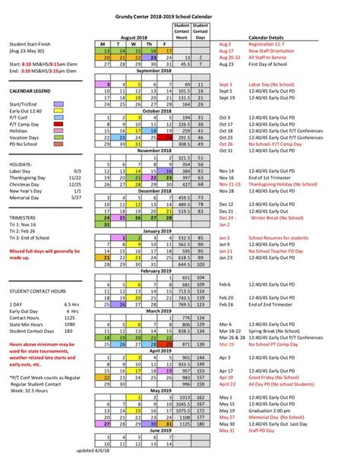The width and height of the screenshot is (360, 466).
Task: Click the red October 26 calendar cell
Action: point(171,144)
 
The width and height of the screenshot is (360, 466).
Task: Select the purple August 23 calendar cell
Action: point(154,57)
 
